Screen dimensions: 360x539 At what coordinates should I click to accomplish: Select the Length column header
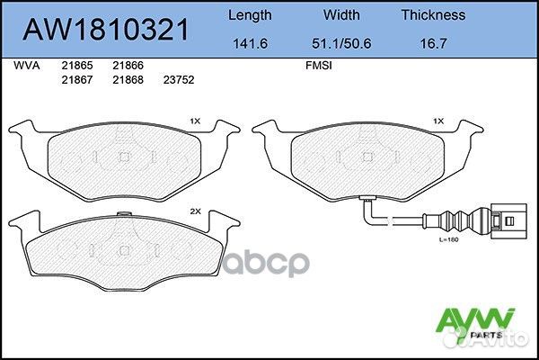[x=251, y=15]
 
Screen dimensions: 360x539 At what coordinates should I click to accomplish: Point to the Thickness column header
[x=432, y=15]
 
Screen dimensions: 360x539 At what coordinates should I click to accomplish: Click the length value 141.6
[x=251, y=41]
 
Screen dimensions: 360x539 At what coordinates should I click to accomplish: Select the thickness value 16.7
[x=432, y=41]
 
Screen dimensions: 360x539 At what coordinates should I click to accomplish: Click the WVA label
[x=28, y=66]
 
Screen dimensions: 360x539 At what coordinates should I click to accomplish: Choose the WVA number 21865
[x=75, y=66]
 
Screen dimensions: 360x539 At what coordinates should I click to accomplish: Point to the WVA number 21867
[x=75, y=79]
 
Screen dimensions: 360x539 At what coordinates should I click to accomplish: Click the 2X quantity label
[x=194, y=211]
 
